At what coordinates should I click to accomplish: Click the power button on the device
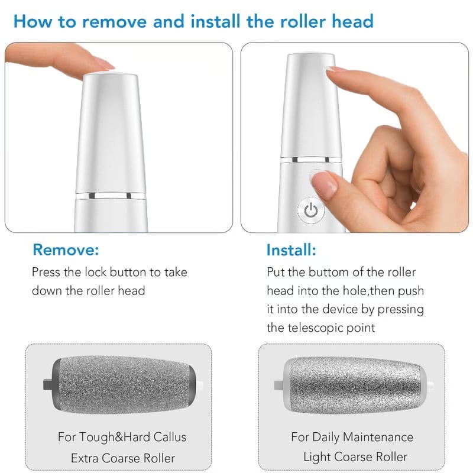click(311, 210)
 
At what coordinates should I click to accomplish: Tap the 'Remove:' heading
click(66, 250)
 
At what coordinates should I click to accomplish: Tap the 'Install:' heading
click(291, 250)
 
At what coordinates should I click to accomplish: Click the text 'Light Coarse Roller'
click(355, 457)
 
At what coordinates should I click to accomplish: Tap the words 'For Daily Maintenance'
click(352, 438)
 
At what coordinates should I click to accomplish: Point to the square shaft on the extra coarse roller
click(46, 378)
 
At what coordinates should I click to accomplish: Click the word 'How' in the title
click(33, 22)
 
